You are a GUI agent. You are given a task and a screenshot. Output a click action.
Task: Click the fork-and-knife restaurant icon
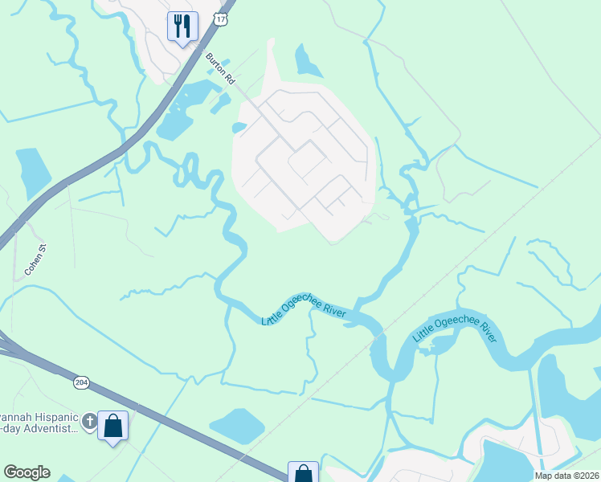click(x=182, y=26)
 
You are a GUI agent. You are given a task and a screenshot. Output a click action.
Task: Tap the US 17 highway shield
click(x=222, y=17)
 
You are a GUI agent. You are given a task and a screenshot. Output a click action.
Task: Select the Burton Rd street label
click(x=219, y=69)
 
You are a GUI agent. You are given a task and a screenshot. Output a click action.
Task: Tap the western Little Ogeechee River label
click(x=304, y=308)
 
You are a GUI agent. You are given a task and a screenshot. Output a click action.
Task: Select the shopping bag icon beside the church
click(x=112, y=426)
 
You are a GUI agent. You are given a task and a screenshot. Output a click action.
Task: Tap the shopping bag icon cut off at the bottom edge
click(x=303, y=472)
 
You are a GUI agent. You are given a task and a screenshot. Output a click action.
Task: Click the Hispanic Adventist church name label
click(x=40, y=423)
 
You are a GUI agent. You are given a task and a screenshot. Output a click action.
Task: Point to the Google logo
click(x=27, y=472)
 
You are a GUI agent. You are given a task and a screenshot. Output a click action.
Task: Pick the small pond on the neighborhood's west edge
click(x=239, y=127)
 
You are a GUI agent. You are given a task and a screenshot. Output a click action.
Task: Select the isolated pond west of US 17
click(x=32, y=171)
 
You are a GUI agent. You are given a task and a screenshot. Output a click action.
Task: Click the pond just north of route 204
click(x=236, y=424)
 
